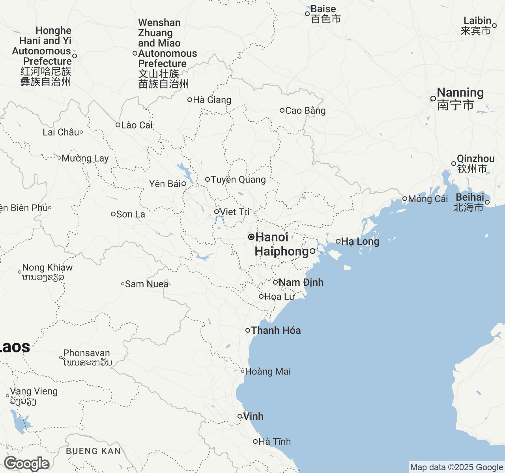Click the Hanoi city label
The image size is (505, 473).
tap(272, 237)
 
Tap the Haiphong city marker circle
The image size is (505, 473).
tap(312, 251)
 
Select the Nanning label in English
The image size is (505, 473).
tap(460, 92)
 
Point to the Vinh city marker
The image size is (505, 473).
tap(240, 416)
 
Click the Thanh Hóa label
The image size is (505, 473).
tap(276, 330)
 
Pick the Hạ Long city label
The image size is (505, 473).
tap(360, 241)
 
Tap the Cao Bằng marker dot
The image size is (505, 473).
tap(282, 110)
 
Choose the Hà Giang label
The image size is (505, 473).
tap(212, 100)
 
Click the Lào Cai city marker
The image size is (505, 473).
tap(118, 125)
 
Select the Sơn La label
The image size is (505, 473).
tap(131, 214)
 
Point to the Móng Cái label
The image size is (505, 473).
tap(428, 199)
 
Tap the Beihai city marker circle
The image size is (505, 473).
tap(487, 202)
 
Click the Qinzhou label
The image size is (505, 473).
tap(475, 158)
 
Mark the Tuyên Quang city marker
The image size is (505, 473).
tap(208, 179)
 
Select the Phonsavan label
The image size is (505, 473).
tap(86, 353)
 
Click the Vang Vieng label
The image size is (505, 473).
tap(34, 391)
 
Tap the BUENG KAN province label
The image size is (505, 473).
tap(94, 451)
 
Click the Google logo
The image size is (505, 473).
tap(27, 464)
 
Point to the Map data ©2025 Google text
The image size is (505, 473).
tap(456, 467)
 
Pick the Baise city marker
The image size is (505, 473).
tap(307, 14)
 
